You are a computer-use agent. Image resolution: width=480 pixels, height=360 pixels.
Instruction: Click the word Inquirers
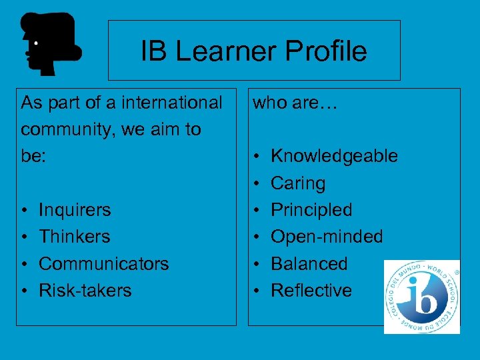click(75, 210)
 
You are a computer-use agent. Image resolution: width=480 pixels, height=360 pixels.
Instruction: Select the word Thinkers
click(75, 237)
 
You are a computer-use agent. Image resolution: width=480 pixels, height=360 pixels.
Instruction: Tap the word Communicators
click(104, 263)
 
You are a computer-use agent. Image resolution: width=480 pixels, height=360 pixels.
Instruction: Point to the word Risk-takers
click(85, 290)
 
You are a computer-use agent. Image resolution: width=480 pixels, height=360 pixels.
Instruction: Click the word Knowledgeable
click(334, 156)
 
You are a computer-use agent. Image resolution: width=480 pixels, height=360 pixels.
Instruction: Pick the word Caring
click(298, 183)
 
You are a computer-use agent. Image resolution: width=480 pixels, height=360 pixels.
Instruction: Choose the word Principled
click(311, 210)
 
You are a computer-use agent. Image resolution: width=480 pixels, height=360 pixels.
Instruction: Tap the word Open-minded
click(327, 237)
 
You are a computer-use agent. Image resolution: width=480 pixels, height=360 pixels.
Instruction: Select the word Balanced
click(309, 263)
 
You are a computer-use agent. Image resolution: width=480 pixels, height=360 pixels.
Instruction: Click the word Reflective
click(311, 290)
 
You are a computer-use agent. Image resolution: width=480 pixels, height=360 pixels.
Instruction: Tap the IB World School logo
click(421, 297)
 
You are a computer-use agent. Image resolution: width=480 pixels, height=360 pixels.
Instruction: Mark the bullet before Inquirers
click(23, 211)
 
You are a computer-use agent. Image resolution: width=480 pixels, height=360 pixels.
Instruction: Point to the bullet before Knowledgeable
click(255, 157)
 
